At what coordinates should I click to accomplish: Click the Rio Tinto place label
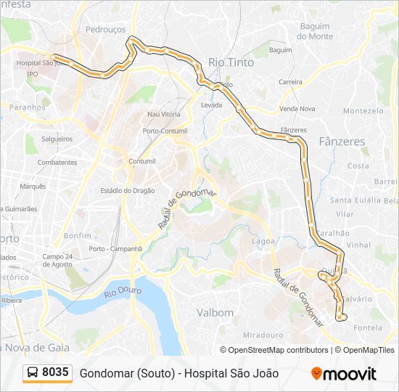click(231, 62)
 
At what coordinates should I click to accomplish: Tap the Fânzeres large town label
click(342, 142)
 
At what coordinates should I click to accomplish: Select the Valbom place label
click(215, 313)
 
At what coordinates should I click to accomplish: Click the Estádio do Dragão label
click(128, 191)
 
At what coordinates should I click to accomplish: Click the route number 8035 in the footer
click(56, 372)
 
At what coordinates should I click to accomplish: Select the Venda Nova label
click(297, 109)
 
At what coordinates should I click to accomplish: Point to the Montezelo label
click(363, 111)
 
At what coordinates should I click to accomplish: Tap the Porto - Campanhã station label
click(115, 249)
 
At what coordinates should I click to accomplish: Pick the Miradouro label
click(263, 335)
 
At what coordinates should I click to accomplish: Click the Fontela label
click(367, 327)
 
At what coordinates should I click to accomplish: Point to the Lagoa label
click(263, 241)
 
